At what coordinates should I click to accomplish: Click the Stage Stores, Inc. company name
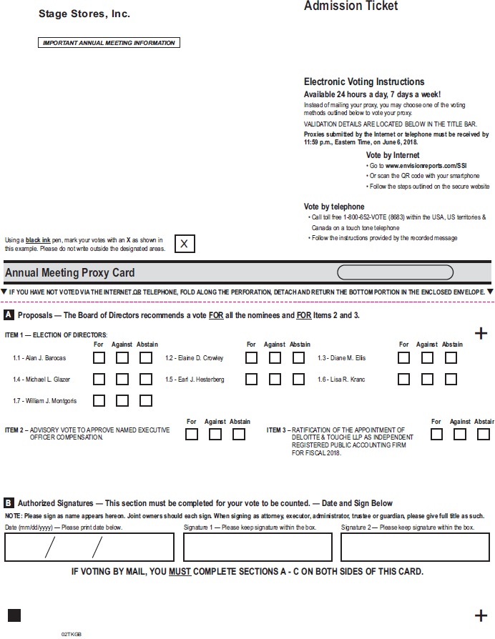84,14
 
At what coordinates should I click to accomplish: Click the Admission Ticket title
351,6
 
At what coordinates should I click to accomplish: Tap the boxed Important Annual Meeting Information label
109,43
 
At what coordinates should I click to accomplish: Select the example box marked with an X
185,244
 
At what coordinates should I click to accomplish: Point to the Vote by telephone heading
334,207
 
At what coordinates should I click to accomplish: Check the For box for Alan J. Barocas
99,358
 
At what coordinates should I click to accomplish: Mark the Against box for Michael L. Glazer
122,380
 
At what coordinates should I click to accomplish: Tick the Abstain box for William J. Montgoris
146,401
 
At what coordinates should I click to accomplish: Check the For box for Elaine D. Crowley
252,358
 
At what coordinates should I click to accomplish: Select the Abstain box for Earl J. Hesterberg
298,380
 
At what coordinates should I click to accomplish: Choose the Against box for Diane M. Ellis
427,358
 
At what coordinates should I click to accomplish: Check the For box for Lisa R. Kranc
404,380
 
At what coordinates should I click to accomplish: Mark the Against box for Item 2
215,434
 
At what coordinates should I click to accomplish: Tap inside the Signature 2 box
415,547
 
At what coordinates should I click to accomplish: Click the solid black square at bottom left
14,615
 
